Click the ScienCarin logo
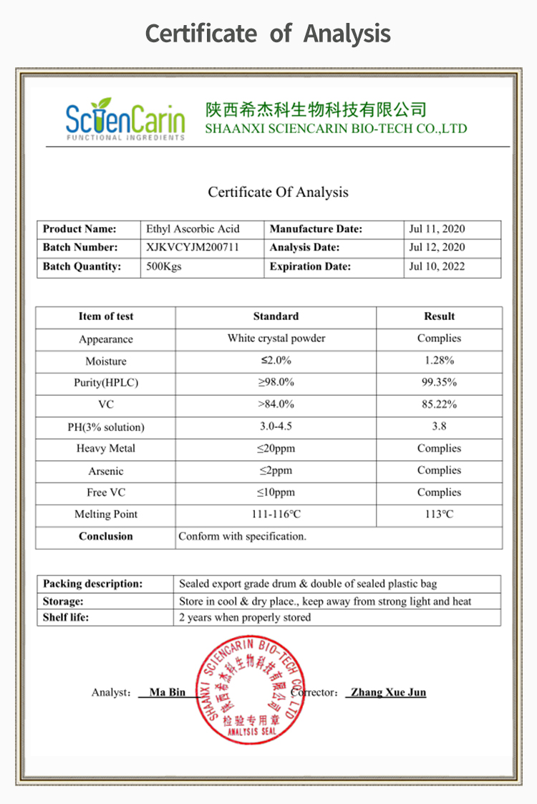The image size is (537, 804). click(125, 120)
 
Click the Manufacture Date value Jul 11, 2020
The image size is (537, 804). click(437, 229)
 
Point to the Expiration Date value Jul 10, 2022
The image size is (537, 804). click(437, 266)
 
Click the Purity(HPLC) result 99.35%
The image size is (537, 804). click(439, 382)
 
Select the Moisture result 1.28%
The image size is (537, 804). click(439, 361)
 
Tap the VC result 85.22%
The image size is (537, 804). click(439, 405)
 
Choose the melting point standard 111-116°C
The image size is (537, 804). click(276, 514)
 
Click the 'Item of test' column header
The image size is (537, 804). click(106, 316)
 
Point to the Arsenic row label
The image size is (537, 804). click(106, 471)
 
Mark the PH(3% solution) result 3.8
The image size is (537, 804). click(439, 427)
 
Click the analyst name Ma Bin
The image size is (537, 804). click(168, 692)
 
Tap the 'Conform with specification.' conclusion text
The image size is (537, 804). click(242, 536)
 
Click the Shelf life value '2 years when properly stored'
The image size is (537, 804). click(245, 617)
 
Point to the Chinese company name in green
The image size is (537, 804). click(316, 110)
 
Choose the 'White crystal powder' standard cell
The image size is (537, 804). click(276, 339)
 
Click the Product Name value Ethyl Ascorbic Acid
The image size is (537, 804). click(193, 229)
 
